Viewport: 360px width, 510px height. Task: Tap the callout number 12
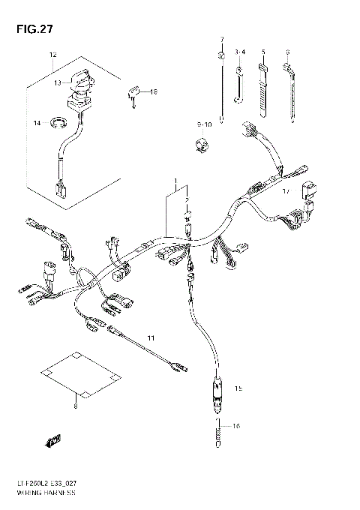point(52,55)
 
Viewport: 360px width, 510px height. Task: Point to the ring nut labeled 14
point(58,120)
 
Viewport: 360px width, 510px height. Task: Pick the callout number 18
point(154,91)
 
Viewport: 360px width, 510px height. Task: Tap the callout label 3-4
point(240,52)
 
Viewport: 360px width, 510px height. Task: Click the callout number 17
point(286,192)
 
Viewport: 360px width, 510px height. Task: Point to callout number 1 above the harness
point(176,181)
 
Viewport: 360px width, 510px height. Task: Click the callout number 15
point(238,388)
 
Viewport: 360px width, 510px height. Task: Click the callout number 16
point(236,426)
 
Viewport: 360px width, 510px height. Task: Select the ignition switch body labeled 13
point(81,84)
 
